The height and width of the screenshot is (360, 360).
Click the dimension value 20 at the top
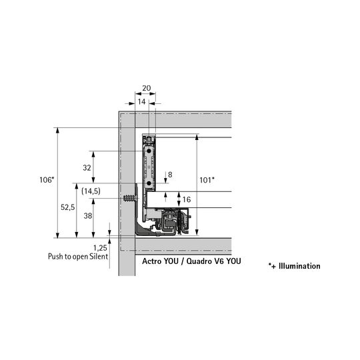click(x=147, y=88)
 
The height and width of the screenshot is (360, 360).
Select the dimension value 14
click(x=141, y=102)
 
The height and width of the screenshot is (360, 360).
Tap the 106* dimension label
click(x=47, y=180)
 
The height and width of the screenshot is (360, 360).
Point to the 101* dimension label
click(x=207, y=180)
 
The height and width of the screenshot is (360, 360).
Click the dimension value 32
click(x=87, y=168)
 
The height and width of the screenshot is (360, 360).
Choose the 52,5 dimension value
click(x=68, y=207)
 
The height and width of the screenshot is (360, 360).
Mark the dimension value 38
click(x=88, y=216)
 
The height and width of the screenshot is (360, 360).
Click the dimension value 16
click(x=187, y=199)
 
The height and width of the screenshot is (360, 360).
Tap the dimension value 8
click(x=170, y=175)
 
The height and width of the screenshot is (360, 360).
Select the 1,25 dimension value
click(x=100, y=248)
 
